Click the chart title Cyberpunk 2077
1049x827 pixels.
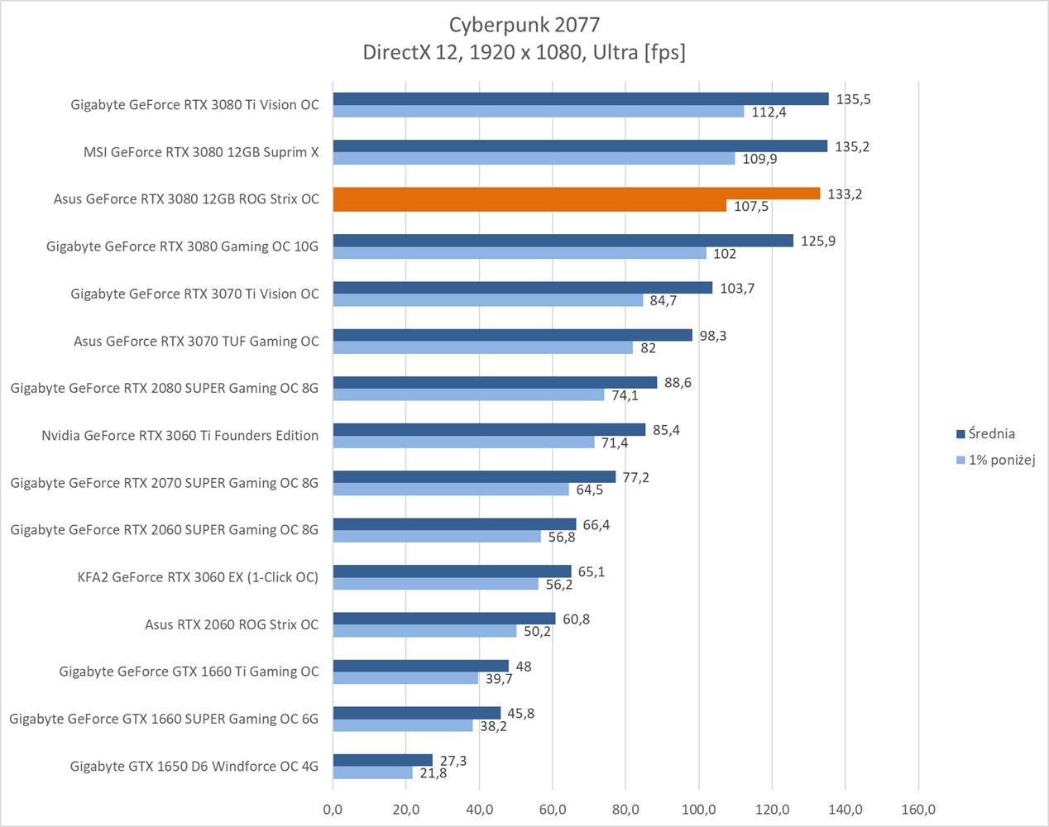point(524,24)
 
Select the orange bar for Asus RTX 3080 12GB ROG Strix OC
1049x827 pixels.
point(576,194)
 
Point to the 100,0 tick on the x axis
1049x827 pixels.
point(698,810)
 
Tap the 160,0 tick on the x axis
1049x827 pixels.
point(918,810)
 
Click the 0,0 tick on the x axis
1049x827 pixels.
point(333,810)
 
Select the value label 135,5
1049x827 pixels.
point(853,99)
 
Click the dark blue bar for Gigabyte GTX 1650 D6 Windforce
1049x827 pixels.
point(383,760)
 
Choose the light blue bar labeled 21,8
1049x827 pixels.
point(372,772)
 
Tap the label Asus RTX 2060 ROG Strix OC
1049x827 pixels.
point(231,624)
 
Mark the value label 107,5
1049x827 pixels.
point(750,207)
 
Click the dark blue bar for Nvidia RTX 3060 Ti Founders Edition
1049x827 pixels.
point(489,430)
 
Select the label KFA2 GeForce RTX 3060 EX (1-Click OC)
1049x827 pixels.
point(198,577)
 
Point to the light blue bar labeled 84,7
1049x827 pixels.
point(488,300)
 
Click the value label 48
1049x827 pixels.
point(523,667)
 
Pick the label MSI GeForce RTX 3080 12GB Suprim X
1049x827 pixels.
point(200,152)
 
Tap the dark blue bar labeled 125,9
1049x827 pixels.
point(563,241)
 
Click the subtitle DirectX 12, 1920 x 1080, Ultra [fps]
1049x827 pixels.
point(524,52)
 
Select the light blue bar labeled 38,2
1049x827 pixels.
point(403,725)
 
